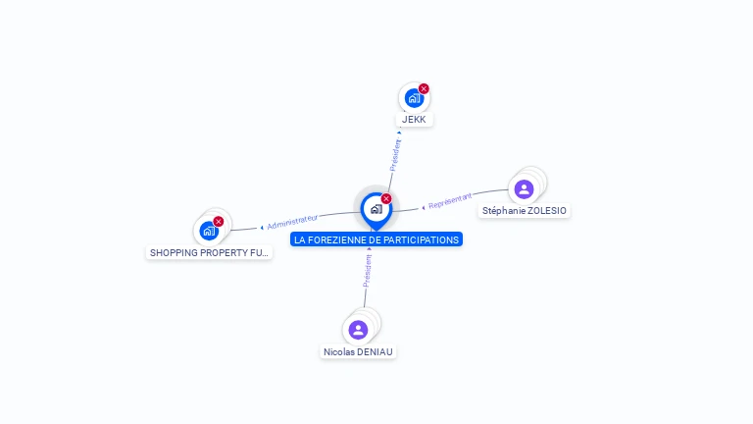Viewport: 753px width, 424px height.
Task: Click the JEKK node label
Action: [414, 119]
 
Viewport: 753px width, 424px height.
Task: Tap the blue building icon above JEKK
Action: [413, 98]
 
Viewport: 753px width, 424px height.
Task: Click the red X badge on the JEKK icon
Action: [424, 89]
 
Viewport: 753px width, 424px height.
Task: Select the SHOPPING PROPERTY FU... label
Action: [209, 252]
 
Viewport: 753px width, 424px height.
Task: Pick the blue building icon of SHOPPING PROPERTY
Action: [208, 232]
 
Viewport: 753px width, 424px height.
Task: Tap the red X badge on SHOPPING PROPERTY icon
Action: [219, 222]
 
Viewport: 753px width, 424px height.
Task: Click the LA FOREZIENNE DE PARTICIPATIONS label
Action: [376, 239]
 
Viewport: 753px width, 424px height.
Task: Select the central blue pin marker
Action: [376, 209]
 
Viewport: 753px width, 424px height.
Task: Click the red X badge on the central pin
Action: [386, 199]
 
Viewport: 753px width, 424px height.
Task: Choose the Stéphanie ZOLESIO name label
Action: [525, 210]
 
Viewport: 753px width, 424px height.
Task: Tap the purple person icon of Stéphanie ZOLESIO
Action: [524, 189]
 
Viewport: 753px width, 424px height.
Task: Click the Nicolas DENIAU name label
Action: [359, 351]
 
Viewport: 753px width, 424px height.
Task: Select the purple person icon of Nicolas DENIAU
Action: [358, 330]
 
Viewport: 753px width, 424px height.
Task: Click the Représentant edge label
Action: [450, 200]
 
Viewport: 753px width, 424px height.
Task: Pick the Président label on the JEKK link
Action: [395, 156]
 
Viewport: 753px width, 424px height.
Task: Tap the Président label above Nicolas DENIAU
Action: [367, 271]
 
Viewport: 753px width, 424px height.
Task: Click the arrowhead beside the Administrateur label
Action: [262, 228]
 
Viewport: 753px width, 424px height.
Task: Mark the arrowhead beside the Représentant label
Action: [423, 207]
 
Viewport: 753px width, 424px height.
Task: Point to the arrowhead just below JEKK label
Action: [399, 132]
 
